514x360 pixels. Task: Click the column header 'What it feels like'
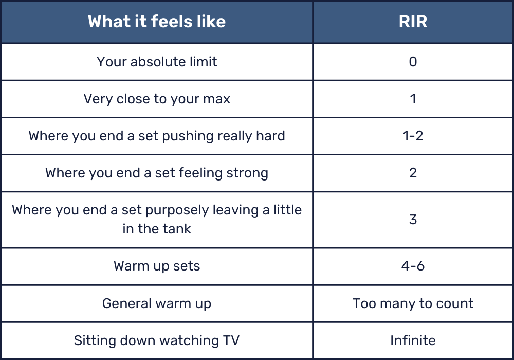coord(157,22)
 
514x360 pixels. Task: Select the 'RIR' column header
coord(413,22)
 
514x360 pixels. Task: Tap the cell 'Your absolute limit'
coord(157,62)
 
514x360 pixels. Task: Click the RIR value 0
coord(413,62)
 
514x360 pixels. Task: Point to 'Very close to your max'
coord(157,99)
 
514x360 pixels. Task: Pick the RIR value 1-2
coord(413,136)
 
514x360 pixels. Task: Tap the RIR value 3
coord(413,220)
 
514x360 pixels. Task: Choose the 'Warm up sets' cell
coord(157,266)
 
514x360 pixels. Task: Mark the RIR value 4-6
coord(413,266)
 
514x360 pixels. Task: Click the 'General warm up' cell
coord(157,303)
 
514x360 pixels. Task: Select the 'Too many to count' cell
coord(413,303)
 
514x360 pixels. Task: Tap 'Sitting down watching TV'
coord(157,340)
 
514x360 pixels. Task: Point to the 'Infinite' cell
coord(413,340)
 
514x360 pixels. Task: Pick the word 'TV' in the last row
coord(231,340)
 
